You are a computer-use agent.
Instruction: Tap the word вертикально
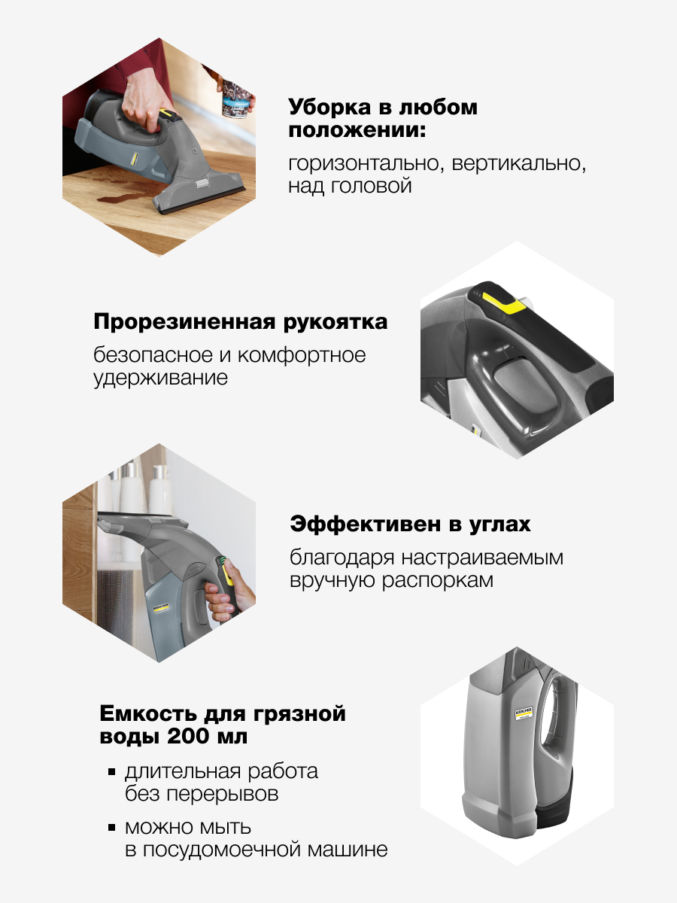click(518, 163)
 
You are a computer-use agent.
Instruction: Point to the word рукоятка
click(335, 323)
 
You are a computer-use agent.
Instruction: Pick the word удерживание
click(160, 378)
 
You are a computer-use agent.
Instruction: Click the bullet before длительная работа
click(111, 772)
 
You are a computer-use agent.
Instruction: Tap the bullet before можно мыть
click(111, 827)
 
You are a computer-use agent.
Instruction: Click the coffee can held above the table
click(236, 99)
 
